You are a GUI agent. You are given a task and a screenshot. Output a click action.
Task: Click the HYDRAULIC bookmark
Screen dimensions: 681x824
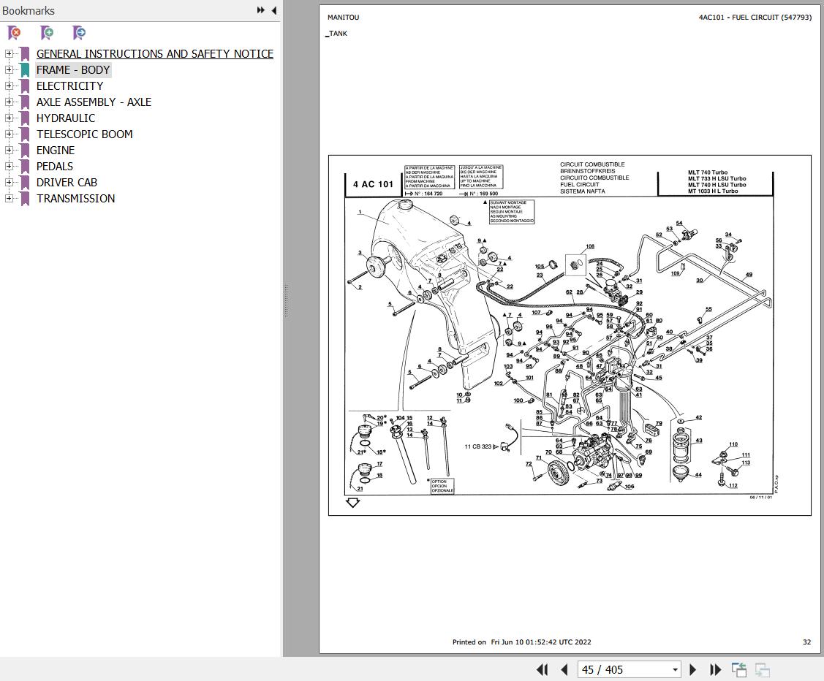click(66, 118)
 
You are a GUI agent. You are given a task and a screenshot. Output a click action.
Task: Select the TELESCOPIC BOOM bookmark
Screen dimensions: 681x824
click(85, 134)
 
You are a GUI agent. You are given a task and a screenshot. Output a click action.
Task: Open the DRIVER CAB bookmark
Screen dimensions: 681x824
click(67, 182)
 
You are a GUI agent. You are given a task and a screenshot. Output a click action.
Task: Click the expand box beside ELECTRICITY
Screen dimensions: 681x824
click(9, 85)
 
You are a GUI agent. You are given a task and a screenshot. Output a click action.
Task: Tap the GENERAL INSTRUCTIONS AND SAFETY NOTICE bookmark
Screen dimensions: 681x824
click(155, 53)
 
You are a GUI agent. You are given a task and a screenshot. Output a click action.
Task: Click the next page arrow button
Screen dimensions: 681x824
click(693, 669)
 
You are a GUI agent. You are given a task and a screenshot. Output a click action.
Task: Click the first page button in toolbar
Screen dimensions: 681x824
click(542, 669)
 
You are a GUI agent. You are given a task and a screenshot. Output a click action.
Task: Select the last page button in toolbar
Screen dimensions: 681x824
click(716, 669)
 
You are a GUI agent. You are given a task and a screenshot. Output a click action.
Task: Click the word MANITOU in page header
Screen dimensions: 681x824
click(343, 18)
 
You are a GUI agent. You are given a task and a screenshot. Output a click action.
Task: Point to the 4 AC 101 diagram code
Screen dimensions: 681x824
click(373, 184)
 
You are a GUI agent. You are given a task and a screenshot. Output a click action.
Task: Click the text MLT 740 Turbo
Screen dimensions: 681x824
click(707, 172)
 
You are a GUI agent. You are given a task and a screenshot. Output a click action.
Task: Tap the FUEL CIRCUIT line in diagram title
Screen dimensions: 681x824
click(580, 185)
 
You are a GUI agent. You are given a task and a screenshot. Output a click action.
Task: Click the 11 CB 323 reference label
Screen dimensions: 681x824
click(477, 446)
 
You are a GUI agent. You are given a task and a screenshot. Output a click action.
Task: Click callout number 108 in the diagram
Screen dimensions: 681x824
click(589, 247)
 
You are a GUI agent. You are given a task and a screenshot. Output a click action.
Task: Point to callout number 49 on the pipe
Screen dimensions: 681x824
click(749, 275)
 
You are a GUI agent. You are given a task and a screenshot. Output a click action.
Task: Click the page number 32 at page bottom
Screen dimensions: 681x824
click(806, 642)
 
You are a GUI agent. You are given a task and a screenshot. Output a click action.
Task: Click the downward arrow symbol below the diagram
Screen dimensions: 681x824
click(353, 503)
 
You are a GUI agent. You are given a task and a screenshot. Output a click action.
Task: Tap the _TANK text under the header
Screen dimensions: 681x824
click(337, 34)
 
